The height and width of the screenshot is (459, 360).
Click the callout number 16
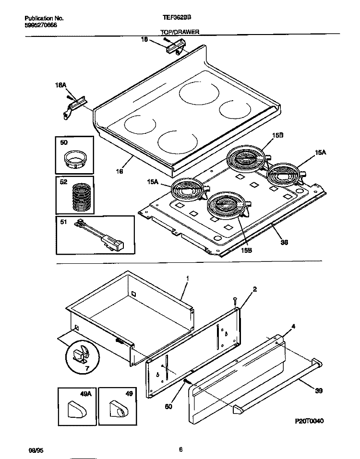[x=119, y=171]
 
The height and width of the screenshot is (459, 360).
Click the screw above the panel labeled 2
[x=234, y=301]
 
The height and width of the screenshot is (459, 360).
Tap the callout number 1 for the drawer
[x=187, y=278]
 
